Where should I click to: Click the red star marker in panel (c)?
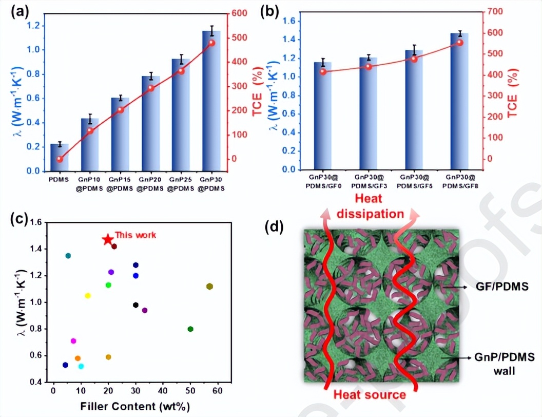point(107,240)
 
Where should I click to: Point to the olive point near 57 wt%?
point(209,286)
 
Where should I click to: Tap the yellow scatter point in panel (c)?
point(88,295)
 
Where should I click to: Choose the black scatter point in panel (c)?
point(135,305)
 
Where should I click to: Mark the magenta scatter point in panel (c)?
point(73,341)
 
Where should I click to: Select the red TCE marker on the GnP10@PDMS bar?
point(90,130)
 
